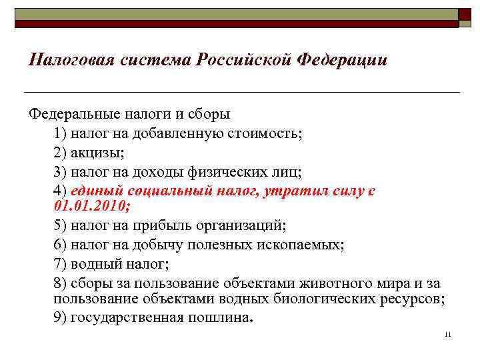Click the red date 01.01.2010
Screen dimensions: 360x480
click(90, 206)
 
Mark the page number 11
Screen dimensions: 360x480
click(447, 334)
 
